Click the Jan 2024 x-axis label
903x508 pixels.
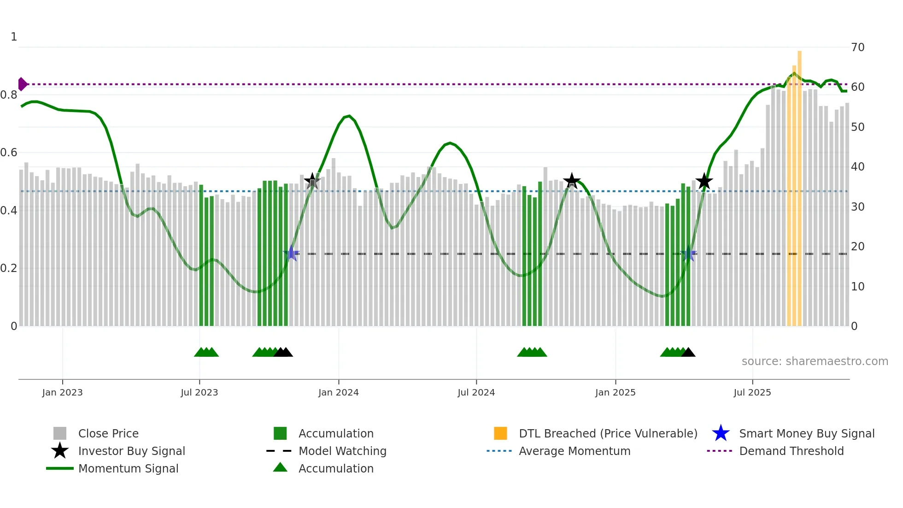338,392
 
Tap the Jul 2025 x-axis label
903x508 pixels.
752,392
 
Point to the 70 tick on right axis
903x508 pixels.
857,47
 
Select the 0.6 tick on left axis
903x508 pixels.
9,152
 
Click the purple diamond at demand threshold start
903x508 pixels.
22,84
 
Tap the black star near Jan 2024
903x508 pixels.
312,181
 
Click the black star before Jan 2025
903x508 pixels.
572,181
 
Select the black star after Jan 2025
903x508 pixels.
704,181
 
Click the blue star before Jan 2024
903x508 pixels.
291,253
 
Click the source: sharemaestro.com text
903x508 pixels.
815,361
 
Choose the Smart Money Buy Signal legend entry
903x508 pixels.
806,433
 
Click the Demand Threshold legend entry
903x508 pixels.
791,451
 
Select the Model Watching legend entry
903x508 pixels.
342,451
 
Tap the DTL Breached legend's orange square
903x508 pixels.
500,433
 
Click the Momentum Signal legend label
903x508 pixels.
128,468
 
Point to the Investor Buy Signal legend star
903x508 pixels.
60,451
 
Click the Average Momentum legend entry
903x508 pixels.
574,451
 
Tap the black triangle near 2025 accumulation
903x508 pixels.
688,353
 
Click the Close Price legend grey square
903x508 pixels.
60,433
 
